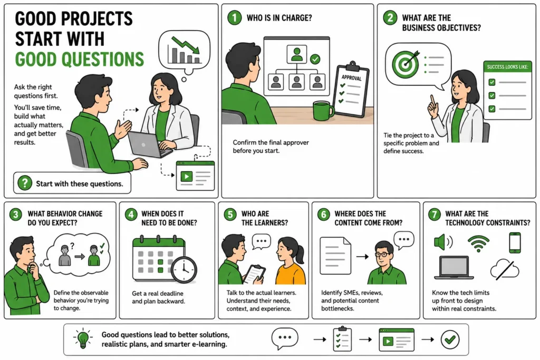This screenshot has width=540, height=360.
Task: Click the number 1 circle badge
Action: [x=235, y=17]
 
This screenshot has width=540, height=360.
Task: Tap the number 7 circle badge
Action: [x=435, y=215]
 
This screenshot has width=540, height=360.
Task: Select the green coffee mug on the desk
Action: [x=323, y=111]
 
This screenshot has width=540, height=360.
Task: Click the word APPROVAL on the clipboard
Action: [x=351, y=77]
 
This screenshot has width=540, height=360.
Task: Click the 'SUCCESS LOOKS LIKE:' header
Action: [x=507, y=67]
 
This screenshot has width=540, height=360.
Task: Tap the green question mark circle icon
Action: [x=25, y=183]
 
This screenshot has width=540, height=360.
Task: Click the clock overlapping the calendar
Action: [x=184, y=270]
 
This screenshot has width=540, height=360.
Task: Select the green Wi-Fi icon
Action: [x=478, y=242]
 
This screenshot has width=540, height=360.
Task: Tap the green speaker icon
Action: [x=442, y=242]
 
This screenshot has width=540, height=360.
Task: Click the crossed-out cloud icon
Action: [x=505, y=270]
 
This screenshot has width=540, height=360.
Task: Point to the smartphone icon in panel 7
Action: [x=515, y=242]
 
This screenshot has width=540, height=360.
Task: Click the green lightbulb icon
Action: [x=83, y=338]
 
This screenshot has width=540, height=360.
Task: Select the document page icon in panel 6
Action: [x=335, y=255]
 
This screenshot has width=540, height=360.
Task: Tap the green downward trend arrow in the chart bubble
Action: [x=186, y=45]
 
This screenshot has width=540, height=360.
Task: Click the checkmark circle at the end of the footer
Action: [x=450, y=339]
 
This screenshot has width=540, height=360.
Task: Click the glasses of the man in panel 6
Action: [x=383, y=255]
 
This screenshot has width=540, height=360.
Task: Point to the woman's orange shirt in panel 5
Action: [x=291, y=274]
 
